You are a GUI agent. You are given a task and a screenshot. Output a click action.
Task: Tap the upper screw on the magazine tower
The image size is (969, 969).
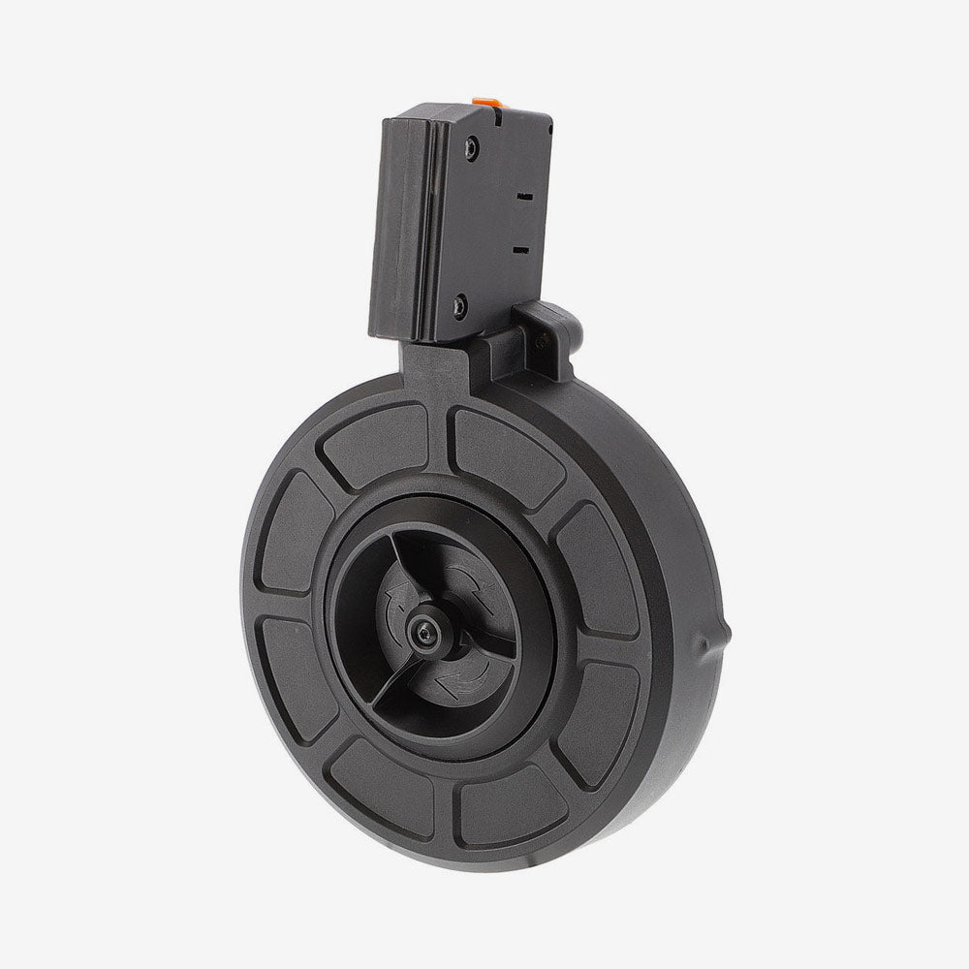[471, 147]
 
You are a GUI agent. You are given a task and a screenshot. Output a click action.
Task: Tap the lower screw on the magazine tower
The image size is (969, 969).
[459, 308]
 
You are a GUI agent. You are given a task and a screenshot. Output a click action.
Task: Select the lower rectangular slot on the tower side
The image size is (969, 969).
[520, 250]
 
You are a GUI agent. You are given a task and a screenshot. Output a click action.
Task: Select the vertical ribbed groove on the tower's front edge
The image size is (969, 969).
[405, 228]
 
